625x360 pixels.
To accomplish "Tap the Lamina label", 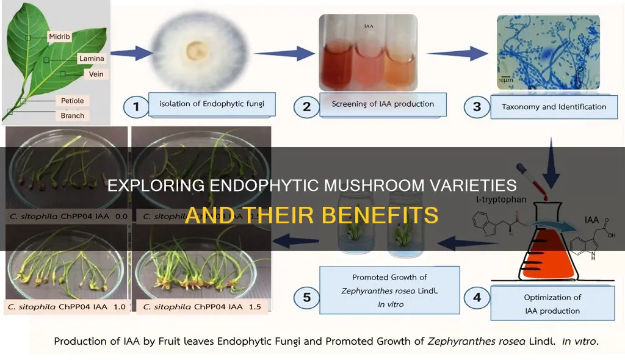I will click(91, 59).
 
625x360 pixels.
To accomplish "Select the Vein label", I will click(96, 74).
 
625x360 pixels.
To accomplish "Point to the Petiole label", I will click(72, 100).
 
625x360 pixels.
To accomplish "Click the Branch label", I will click(73, 115).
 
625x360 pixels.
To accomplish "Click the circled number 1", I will click(137, 107).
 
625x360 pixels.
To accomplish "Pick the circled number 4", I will click(477, 298).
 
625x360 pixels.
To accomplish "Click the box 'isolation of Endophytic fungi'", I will click(214, 104).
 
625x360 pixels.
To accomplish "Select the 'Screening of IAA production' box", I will click(383, 104).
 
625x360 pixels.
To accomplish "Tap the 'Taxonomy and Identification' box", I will click(554, 107).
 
